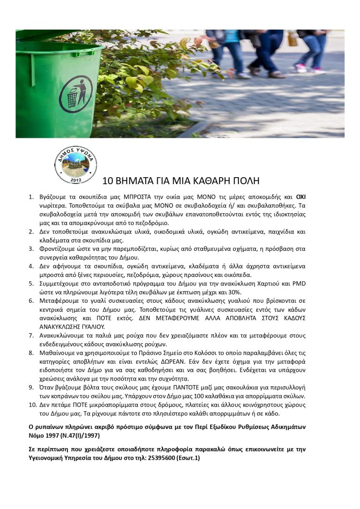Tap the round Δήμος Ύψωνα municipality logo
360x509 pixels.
tap(75, 163)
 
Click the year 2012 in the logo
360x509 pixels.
tap(75, 179)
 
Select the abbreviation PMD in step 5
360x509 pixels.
tap(299, 283)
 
